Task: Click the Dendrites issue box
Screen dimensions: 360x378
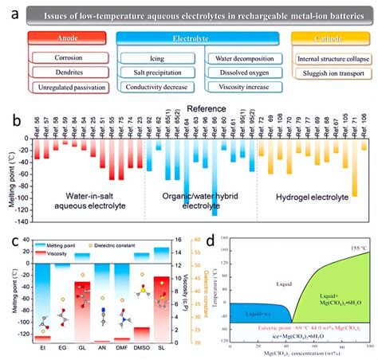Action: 69,72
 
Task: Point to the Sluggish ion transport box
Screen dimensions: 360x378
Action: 334,72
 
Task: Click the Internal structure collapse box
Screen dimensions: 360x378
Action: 333,58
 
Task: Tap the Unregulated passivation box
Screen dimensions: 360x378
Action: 69,87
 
